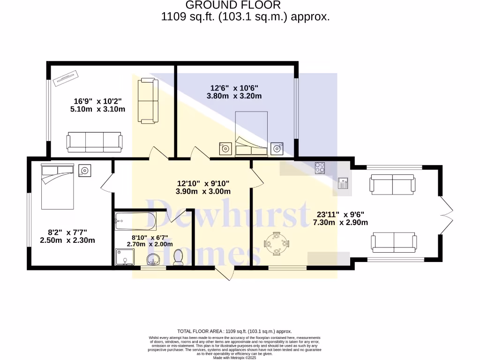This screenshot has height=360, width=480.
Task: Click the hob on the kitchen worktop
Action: point(321,167)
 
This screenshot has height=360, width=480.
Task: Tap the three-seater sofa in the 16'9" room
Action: point(94,142)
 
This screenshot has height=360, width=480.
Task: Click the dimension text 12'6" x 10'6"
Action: point(234,88)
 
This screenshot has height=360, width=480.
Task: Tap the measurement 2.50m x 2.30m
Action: point(67,240)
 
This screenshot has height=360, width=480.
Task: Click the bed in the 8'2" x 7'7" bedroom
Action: point(58,186)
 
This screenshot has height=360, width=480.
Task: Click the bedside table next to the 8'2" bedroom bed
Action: point(85,170)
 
